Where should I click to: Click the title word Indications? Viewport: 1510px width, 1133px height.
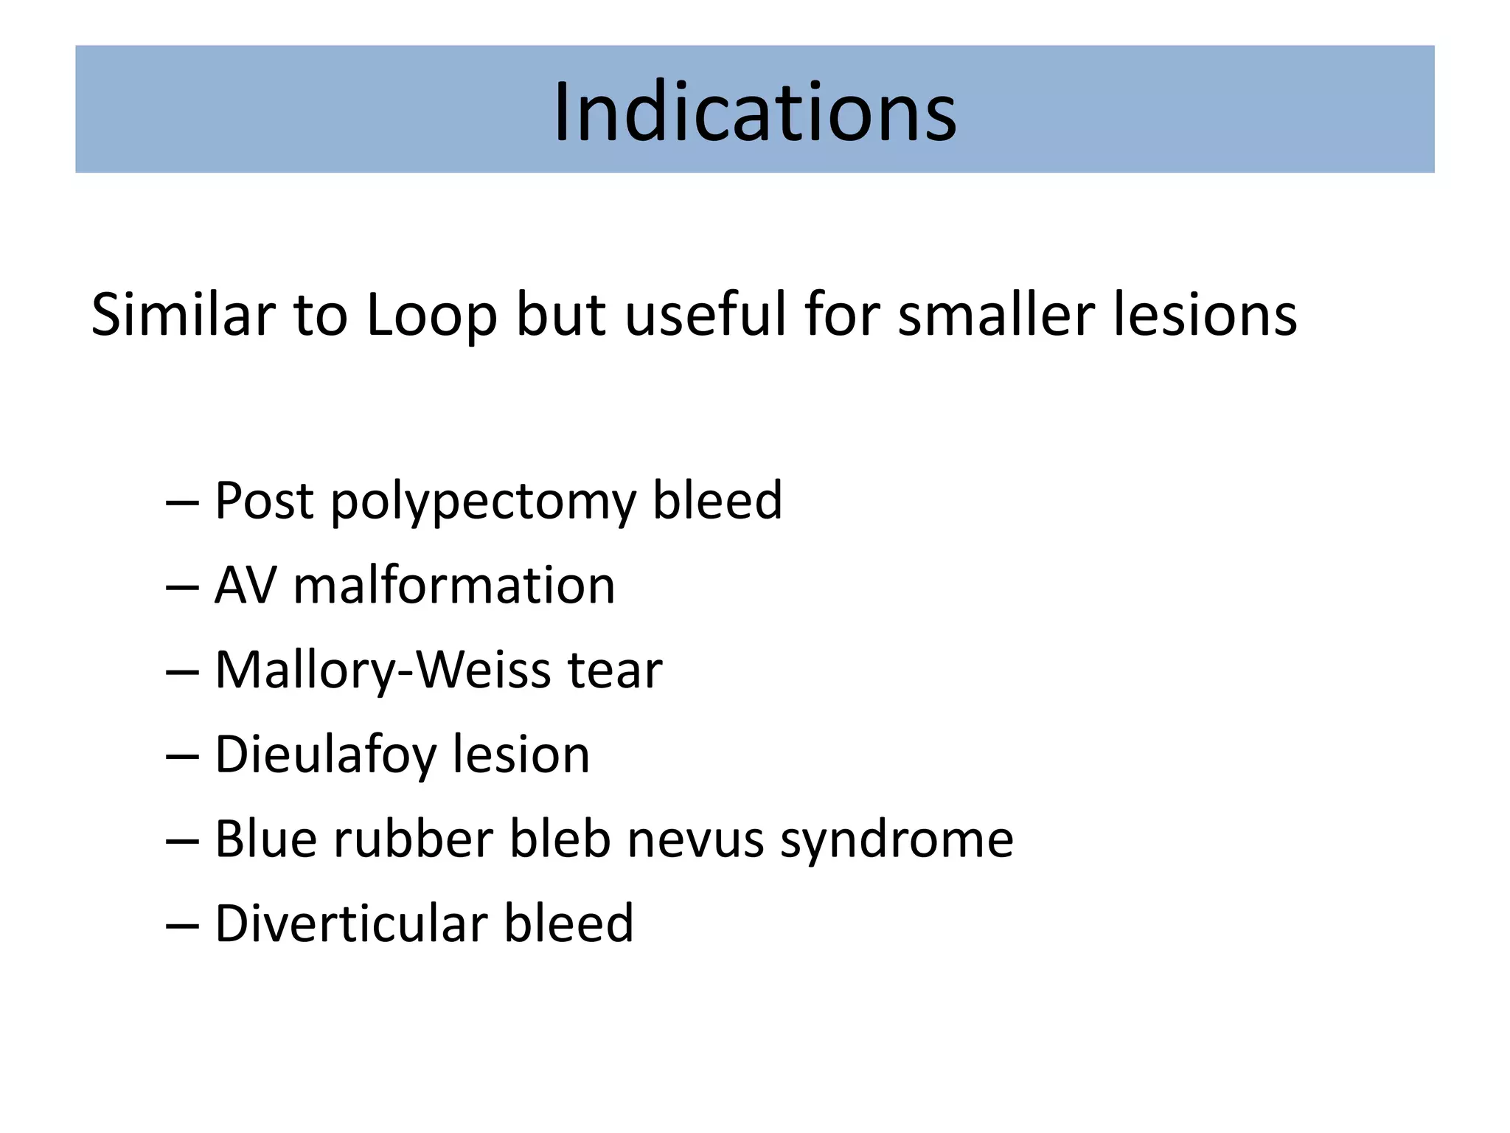coord(754,112)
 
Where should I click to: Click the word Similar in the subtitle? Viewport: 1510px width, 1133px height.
coord(181,315)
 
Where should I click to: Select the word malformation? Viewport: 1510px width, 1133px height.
coord(453,586)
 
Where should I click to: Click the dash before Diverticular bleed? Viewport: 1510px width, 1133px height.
coord(182,925)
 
